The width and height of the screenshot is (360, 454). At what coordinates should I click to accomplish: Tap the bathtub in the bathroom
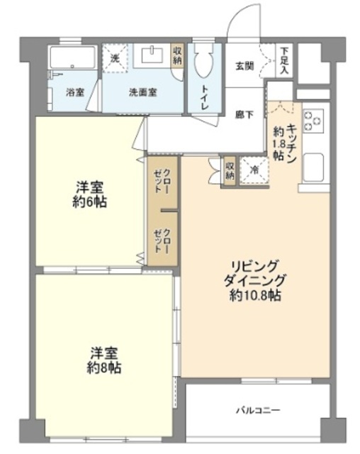pos(73,60)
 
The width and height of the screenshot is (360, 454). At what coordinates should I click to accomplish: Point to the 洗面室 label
pos(143,92)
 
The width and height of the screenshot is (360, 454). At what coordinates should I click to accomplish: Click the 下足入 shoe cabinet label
pos(284,60)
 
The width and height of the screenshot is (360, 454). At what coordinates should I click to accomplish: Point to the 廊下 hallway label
pos(245,113)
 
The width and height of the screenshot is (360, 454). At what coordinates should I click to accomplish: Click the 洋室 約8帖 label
pos(104,360)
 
